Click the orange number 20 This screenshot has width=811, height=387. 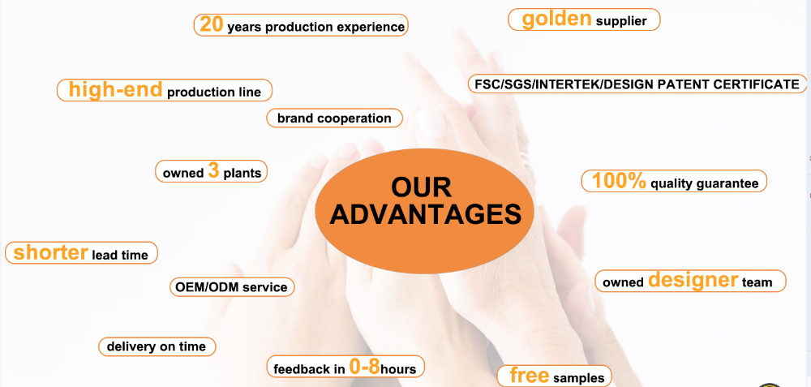coord(212,25)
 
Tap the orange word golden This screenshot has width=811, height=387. coord(556,19)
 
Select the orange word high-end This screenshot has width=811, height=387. coord(116,89)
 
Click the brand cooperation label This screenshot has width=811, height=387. coord(334,118)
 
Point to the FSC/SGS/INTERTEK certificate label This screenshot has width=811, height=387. coord(637,84)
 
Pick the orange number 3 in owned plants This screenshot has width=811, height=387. coord(213,170)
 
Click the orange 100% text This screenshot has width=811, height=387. coord(619,181)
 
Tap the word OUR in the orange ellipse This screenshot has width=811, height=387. coord(421,187)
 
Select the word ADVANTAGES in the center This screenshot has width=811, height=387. coord(425,215)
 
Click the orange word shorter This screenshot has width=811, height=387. coord(50,252)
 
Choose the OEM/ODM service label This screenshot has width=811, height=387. coord(232,286)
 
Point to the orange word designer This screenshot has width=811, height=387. coord(693,279)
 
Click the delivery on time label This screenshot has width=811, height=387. coord(157,346)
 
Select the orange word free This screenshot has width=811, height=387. coord(529,375)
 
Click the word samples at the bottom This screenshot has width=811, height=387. coord(579,378)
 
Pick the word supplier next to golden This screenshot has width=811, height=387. coord(621,22)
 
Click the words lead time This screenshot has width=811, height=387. coord(119,255)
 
